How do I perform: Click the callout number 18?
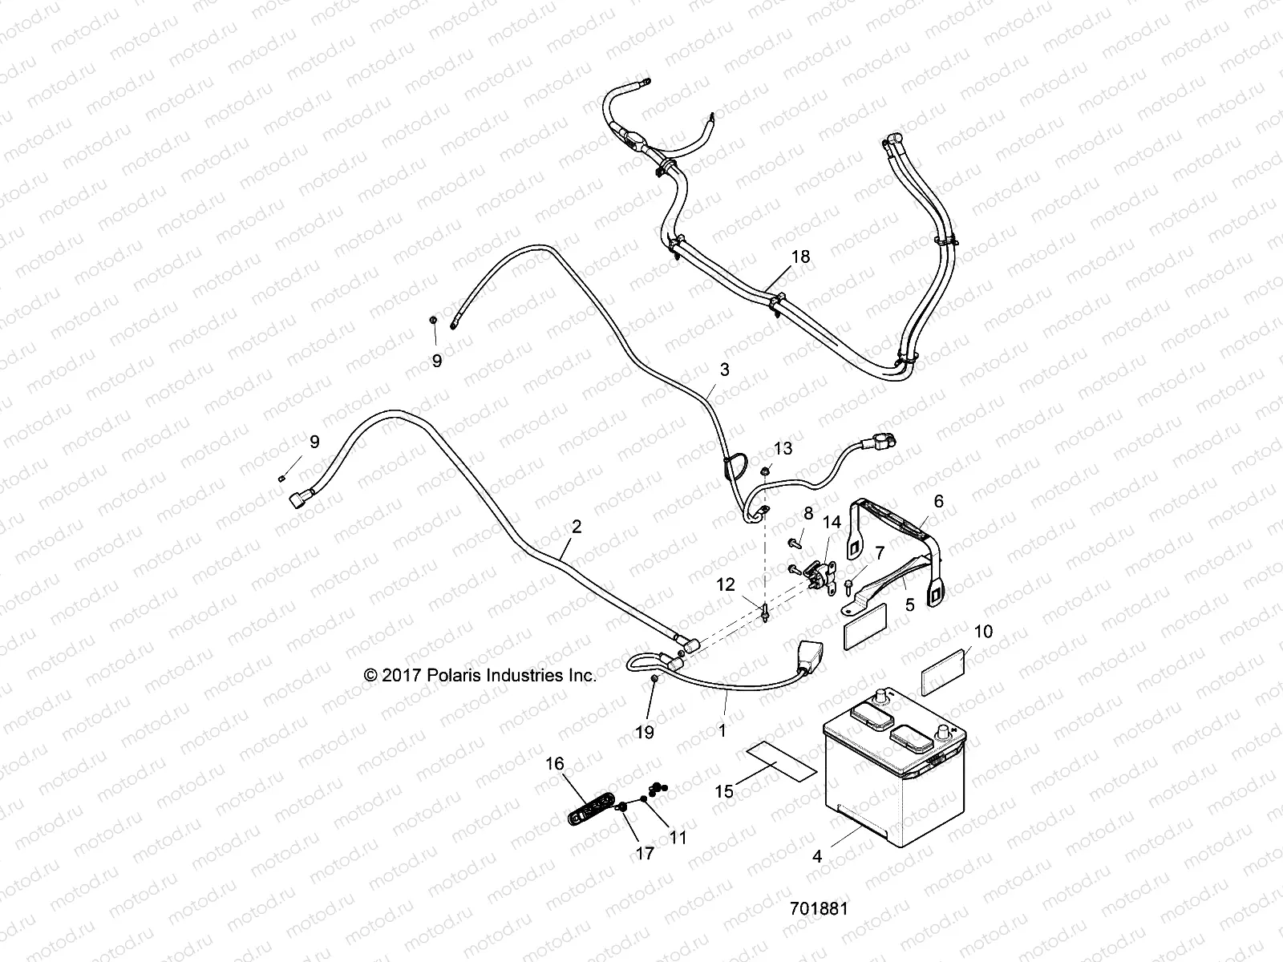[x=800, y=257]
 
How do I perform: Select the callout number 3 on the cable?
[x=725, y=370]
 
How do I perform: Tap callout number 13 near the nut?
[x=783, y=448]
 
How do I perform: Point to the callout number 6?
[x=938, y=501]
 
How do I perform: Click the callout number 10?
[x=983, y=631]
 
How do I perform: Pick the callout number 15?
[x=724, y=791]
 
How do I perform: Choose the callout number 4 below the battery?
[x=817, y=856]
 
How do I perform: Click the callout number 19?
[x=645, y=731]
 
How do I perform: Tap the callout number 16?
[x=555, y=764]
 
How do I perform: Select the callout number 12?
[x=725, y=585]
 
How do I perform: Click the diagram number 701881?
[x=819, y=909]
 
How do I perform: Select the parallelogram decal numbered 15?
[x=782, y=759]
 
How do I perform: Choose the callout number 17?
[x=645, y=853]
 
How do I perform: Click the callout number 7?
[x=879, y=552]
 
